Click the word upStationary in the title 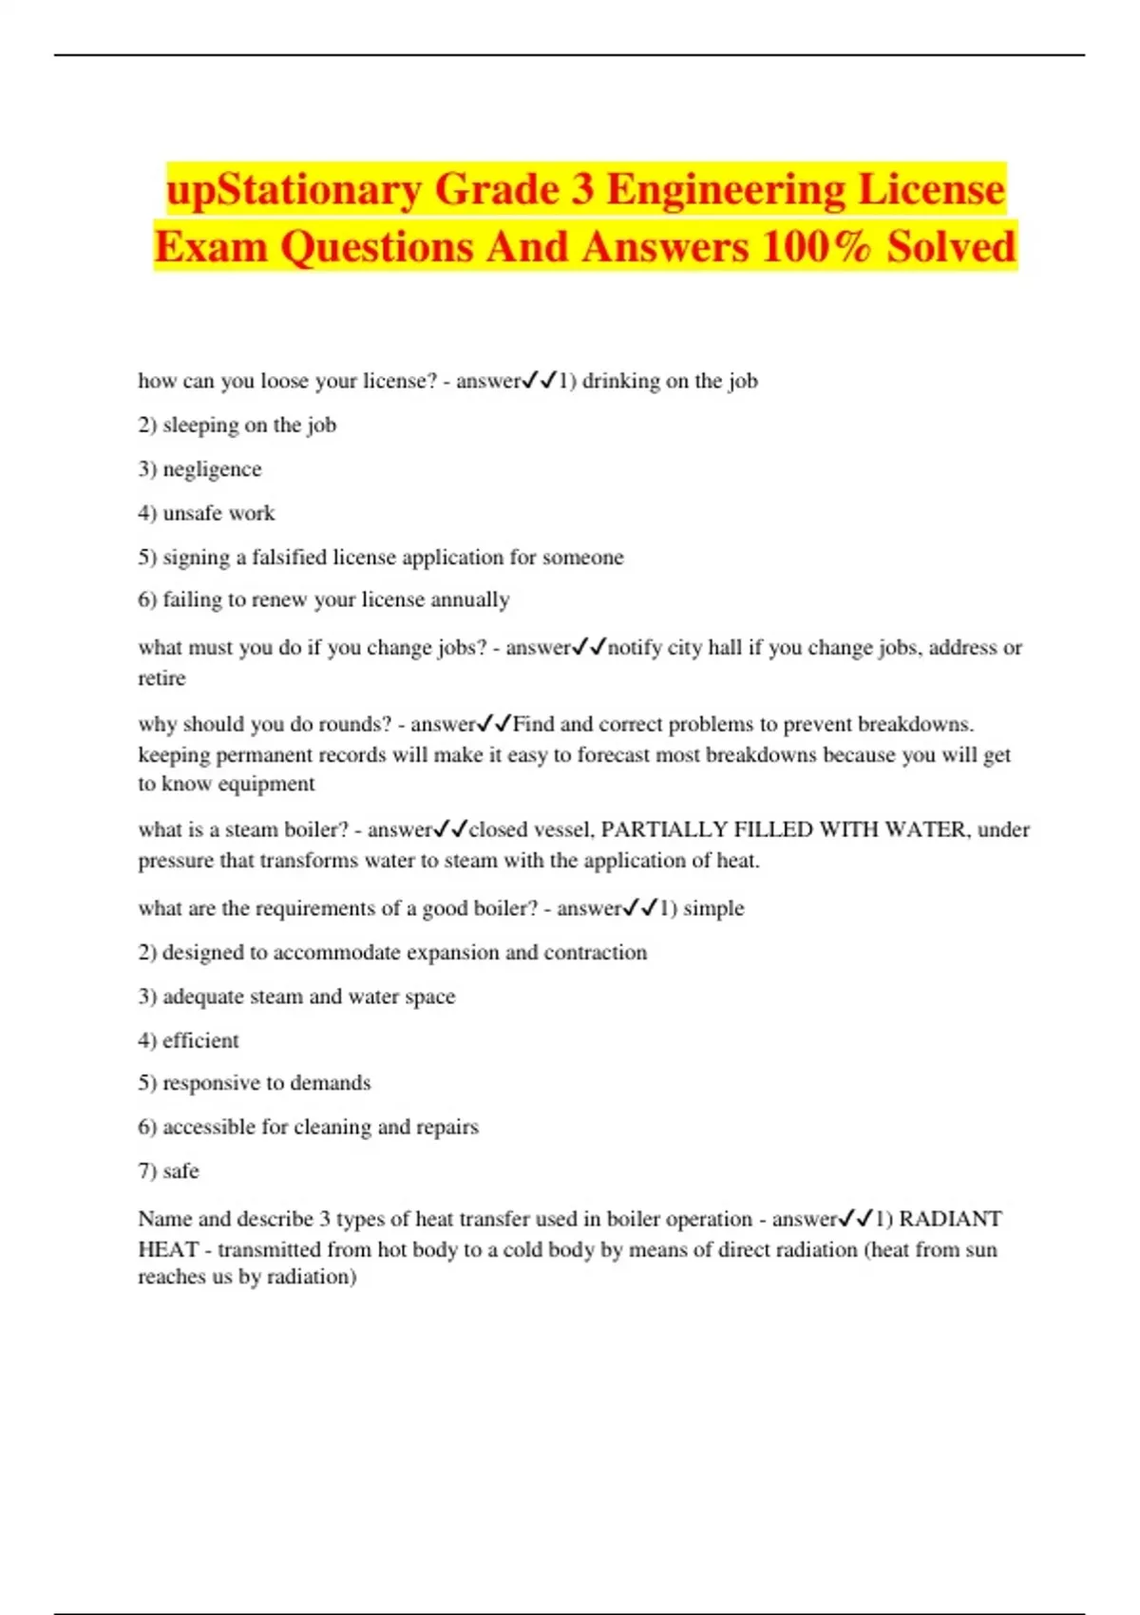pyautogui.click(x=294, y=190)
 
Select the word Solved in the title pyautogui.click(x=951, y=247)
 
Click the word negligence pyautogui.click(x=212, y=469)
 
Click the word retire pyautogui.click(x=161, y=678)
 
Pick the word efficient pyautogui.click(x=200, y=1040)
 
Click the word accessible pyautogui.click(x=209, y=1127)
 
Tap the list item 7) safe pyautogui.click(x=168, y=1170)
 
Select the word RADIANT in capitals pyautogui.click(x=950, y=1219)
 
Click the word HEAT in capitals pyautogui.click(x=168, y=1249)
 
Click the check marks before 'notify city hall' pyautogui.click(x=589, y=648)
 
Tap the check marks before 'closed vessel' pyautogui.click(x=450, y=829)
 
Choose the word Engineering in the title pyautogui.click(x=725, y=190)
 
